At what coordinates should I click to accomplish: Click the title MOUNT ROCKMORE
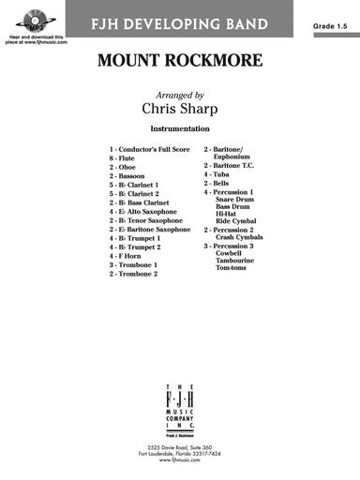pos(179,64)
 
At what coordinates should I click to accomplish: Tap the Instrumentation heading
pos(179,127)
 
